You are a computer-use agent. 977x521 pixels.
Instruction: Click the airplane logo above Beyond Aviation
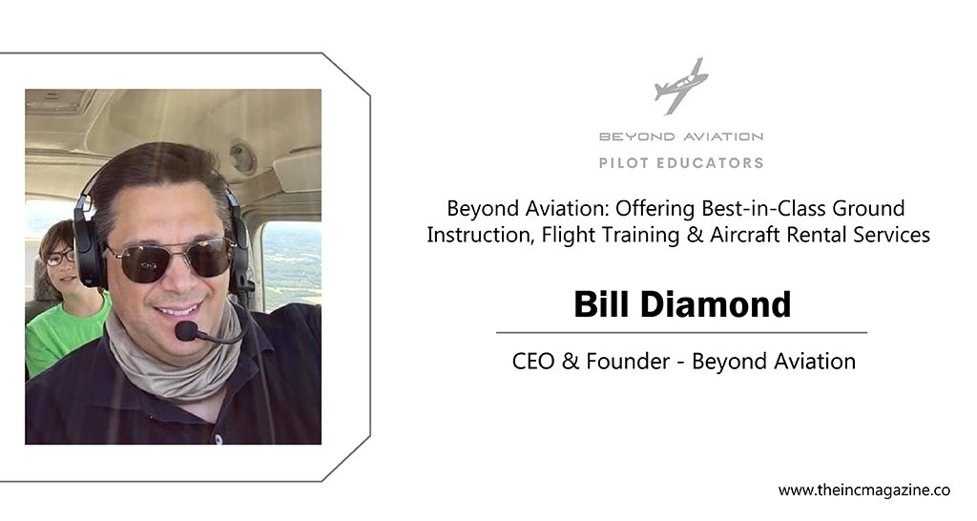pos(680,86)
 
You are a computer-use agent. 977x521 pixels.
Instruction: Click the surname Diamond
pos(716,304)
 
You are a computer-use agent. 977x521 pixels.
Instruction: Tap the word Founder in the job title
pos(628,362)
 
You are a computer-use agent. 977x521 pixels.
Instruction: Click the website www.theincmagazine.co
pos(864,490)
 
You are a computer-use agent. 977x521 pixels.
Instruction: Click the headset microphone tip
pos(186,330)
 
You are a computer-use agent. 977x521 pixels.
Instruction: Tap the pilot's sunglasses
pos(170,260)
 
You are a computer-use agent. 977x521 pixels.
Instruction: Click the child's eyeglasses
pos(60,257)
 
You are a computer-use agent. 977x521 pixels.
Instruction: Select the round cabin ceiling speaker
pos(242,156)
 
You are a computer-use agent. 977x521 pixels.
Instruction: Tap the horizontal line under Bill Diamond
pos(681,333)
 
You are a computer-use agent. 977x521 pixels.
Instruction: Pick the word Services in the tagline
pos(892,235)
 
